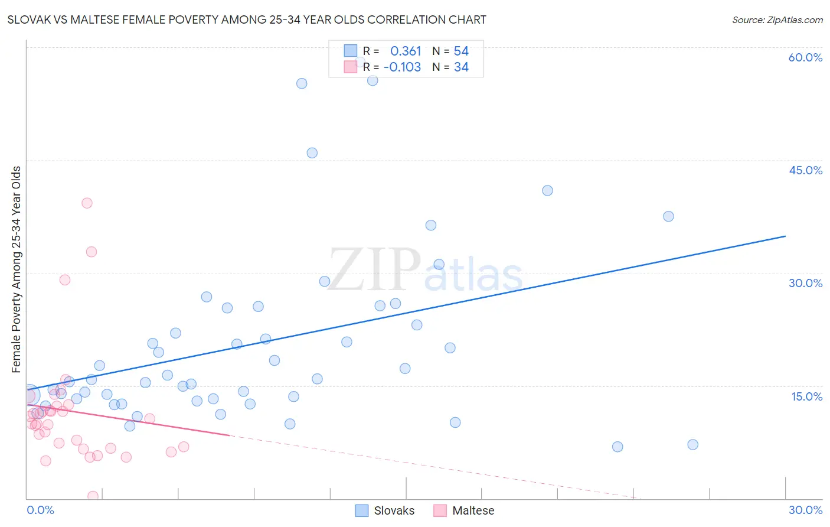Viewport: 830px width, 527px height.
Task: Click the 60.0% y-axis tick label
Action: [x=805, y=57]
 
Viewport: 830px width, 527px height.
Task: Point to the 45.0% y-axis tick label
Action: [x=805, y=170]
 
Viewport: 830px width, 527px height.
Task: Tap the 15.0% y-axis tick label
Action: [x=806, y=396]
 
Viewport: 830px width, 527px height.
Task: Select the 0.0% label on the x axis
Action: [x=40, y=510]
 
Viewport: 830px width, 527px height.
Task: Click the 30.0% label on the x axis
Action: [x=805, y=510]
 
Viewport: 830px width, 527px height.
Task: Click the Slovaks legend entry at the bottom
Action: [x=385, y=510]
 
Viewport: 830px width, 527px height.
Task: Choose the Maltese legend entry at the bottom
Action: [x=464, y=510]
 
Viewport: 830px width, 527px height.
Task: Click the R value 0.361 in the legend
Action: [x=406, y=51]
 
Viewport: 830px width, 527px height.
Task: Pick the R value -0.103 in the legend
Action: [x=402, y=67]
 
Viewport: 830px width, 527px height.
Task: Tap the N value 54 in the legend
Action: [x=461, y=51]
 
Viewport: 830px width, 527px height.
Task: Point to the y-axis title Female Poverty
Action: [x=16, y=269]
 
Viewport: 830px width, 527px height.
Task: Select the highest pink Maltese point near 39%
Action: [x=87, y=203]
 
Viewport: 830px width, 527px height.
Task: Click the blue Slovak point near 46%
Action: [x=312, y=153]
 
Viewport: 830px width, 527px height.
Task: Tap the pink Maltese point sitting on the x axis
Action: [x=93, y=496]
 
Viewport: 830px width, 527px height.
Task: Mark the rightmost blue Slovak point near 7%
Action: [x=693, y=444]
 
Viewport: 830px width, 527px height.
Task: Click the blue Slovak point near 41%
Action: [x=547, y=190]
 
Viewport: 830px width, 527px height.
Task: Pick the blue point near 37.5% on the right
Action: [x=668, y=216]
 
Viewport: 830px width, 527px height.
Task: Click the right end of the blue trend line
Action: [x=785, y=236]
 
